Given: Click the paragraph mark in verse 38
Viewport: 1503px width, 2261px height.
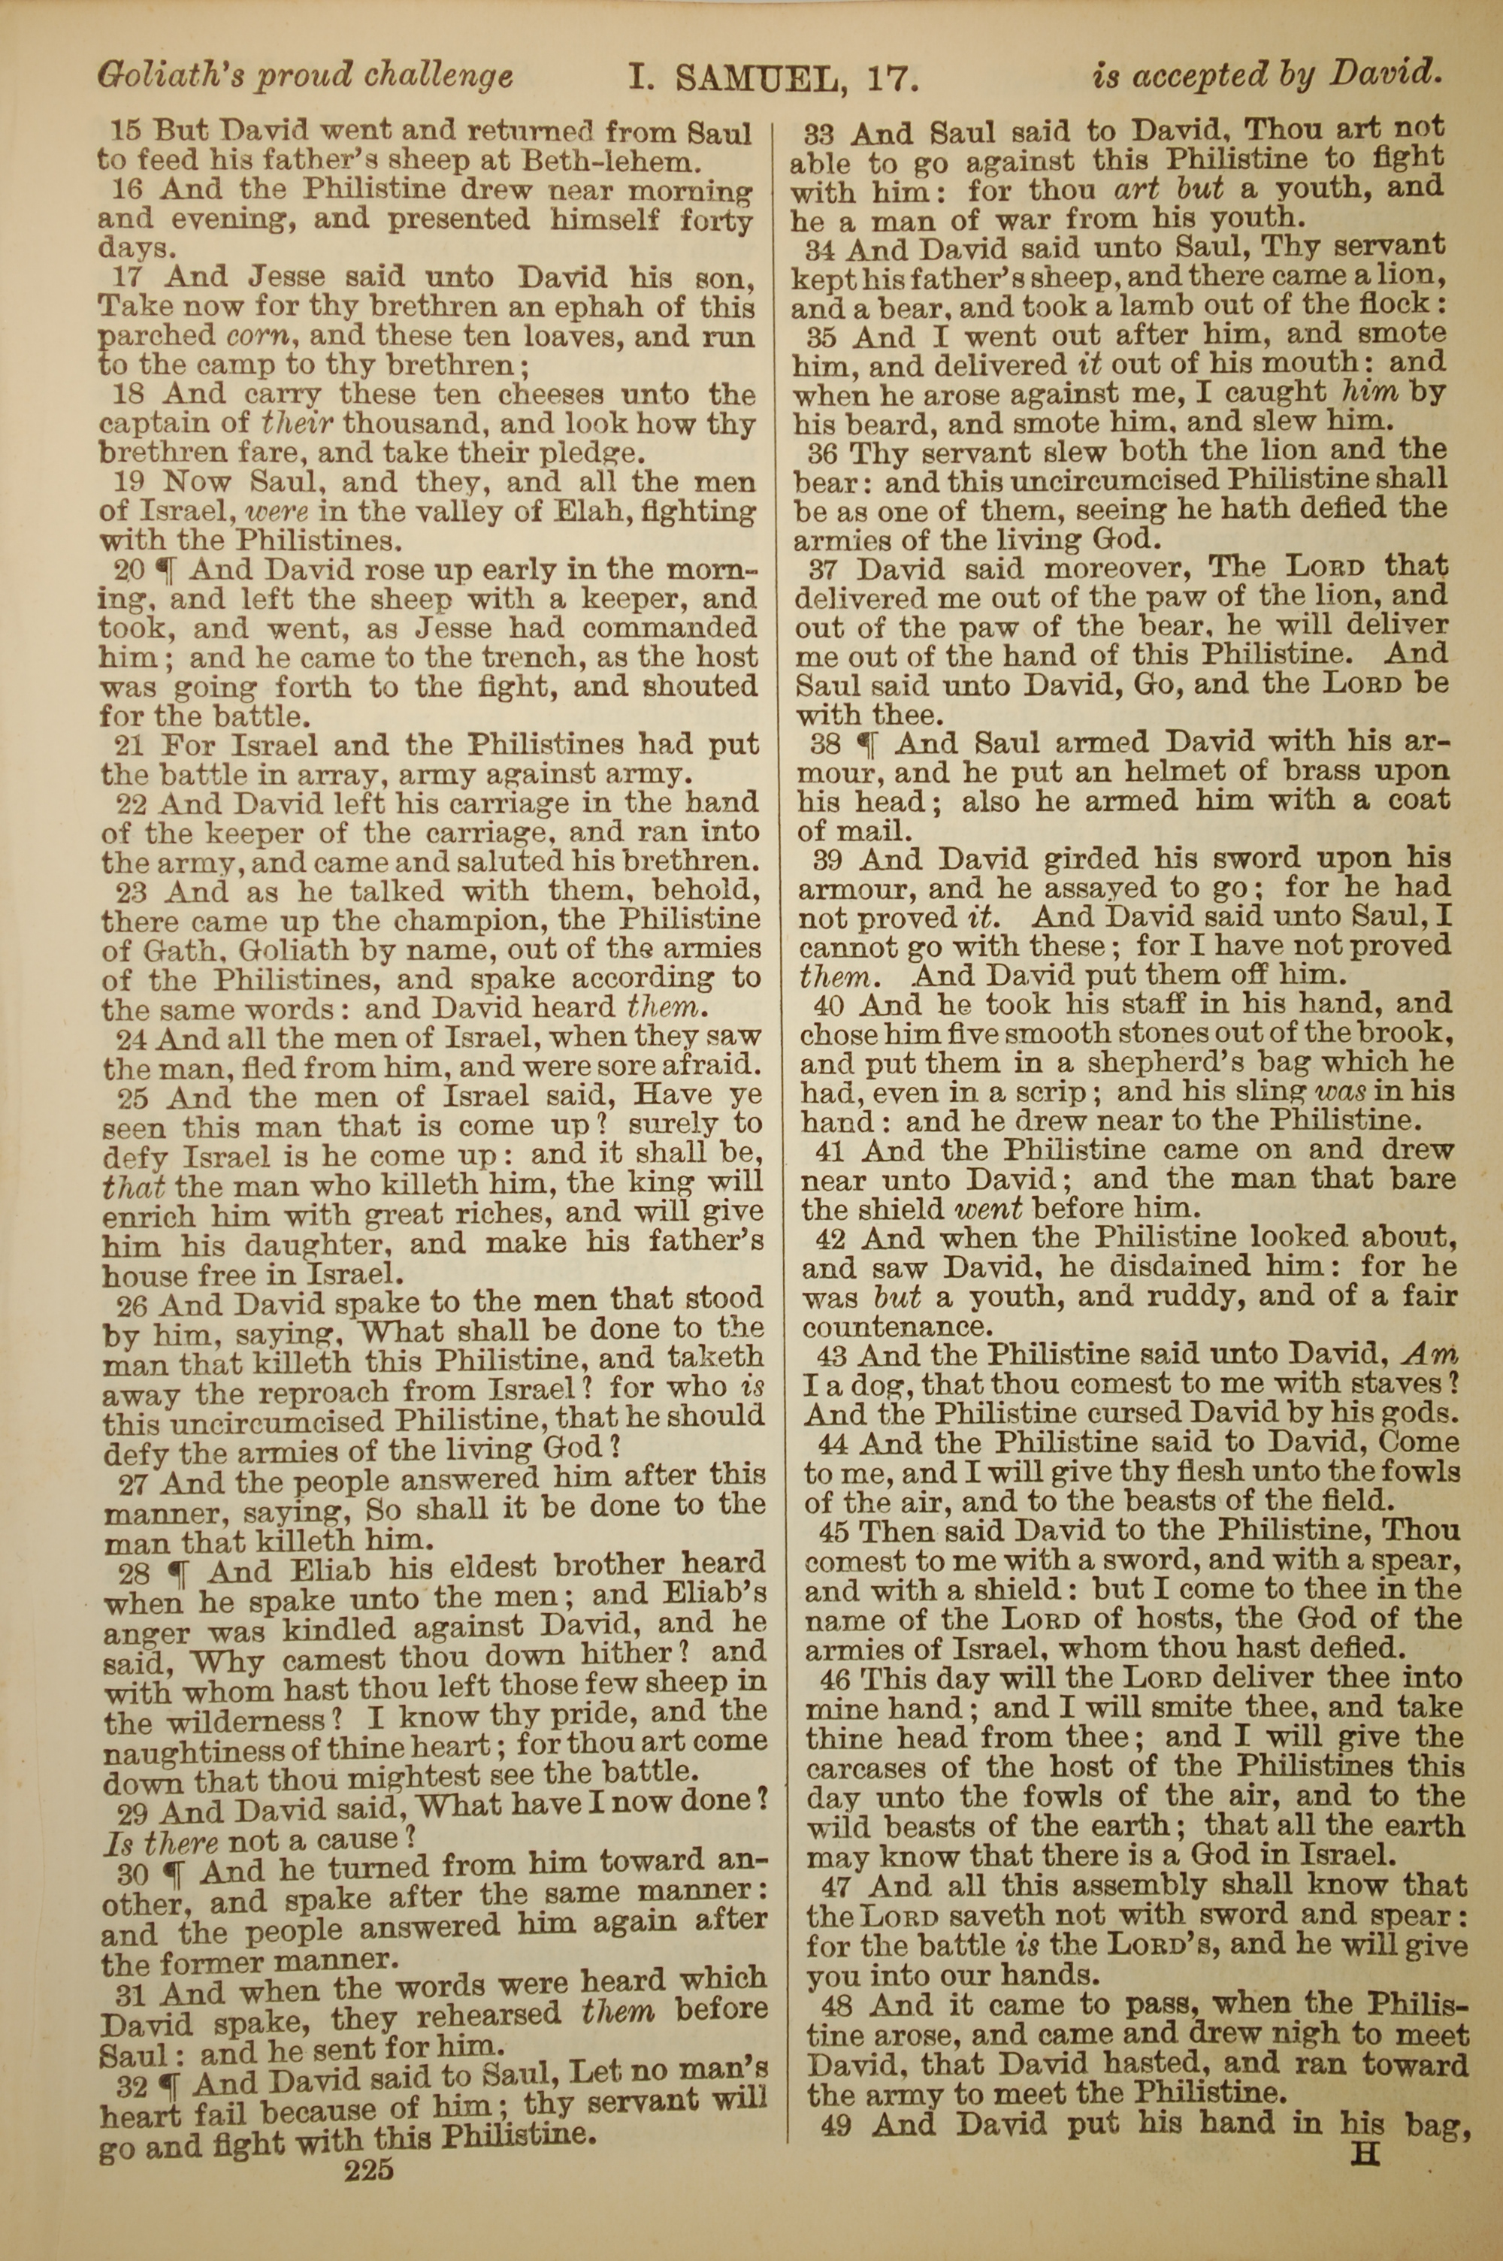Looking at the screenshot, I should [x=866, y=743].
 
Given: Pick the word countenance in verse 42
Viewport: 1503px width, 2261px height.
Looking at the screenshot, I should [x=894, y=1328].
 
